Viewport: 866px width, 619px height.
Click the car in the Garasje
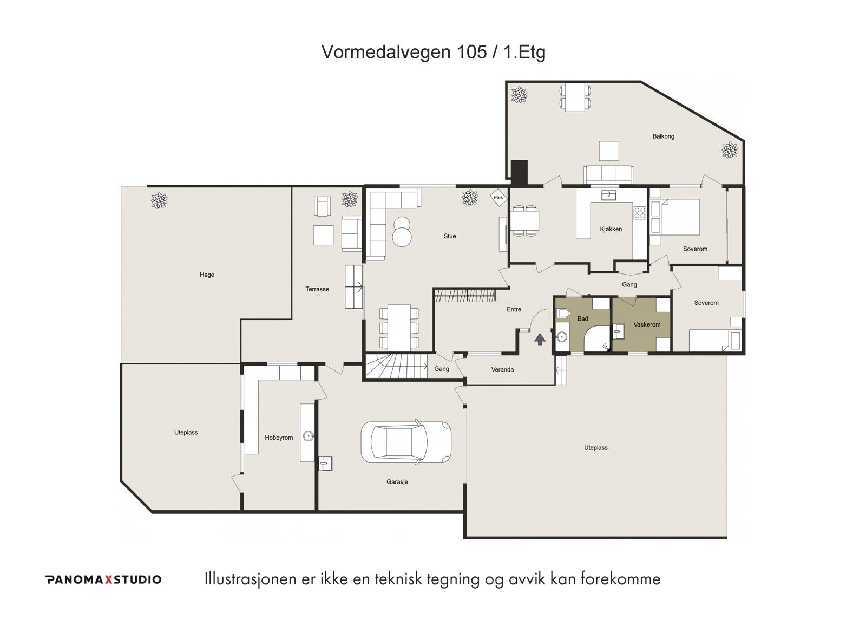point(406,442)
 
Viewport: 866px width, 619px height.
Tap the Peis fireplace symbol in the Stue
point(497,197)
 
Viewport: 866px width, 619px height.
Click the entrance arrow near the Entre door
point(540,340)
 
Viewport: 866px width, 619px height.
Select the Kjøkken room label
point(611,229)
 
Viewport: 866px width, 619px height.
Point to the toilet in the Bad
point(562,314)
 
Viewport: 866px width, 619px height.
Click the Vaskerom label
point(647,324)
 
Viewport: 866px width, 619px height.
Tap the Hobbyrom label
point(279,438)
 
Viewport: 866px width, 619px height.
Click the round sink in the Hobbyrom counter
point(308,434)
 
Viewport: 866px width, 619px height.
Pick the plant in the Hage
point(159,201)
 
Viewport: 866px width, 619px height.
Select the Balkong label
point(663,136)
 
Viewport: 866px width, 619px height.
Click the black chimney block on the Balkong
point(519,170)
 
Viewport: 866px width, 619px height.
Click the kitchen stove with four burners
point(640,212)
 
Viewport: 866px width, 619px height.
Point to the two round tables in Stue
point(402,231)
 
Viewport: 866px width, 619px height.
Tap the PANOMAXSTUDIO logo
point(103,579)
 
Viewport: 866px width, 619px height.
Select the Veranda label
point(502,370)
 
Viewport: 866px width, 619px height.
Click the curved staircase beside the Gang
point(395,366)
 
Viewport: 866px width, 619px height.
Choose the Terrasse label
point(317,289)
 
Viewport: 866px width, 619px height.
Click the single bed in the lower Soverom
point(711,341)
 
